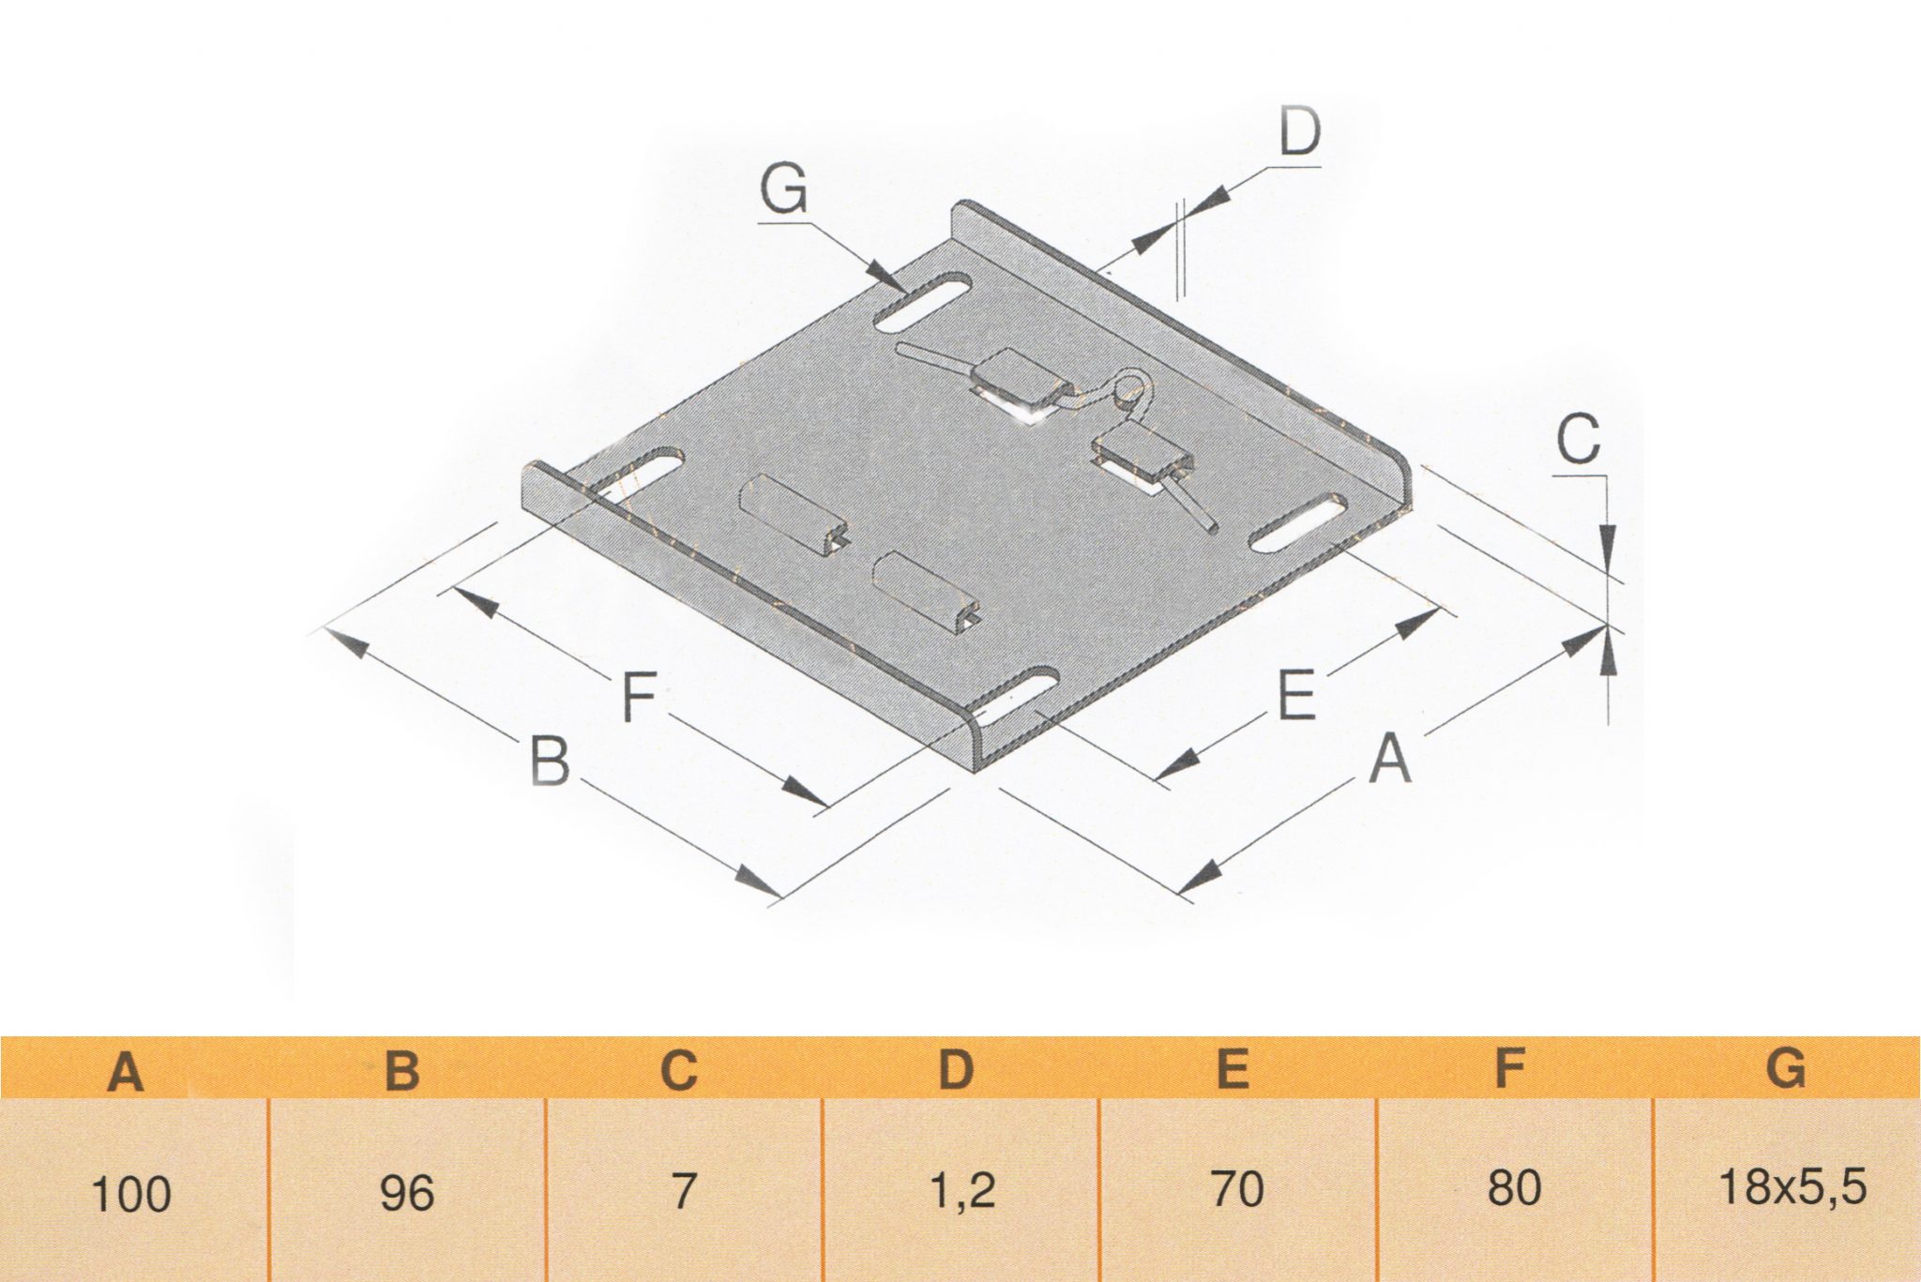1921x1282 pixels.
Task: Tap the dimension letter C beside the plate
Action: (1578, 440)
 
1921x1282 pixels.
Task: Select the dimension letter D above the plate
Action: (1300, 133)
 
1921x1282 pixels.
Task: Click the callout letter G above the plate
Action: (783, 190)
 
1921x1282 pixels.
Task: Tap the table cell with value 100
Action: (131, 1195)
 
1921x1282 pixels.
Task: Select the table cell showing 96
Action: (407, 1193)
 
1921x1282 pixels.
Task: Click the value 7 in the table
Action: (684, 1191)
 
